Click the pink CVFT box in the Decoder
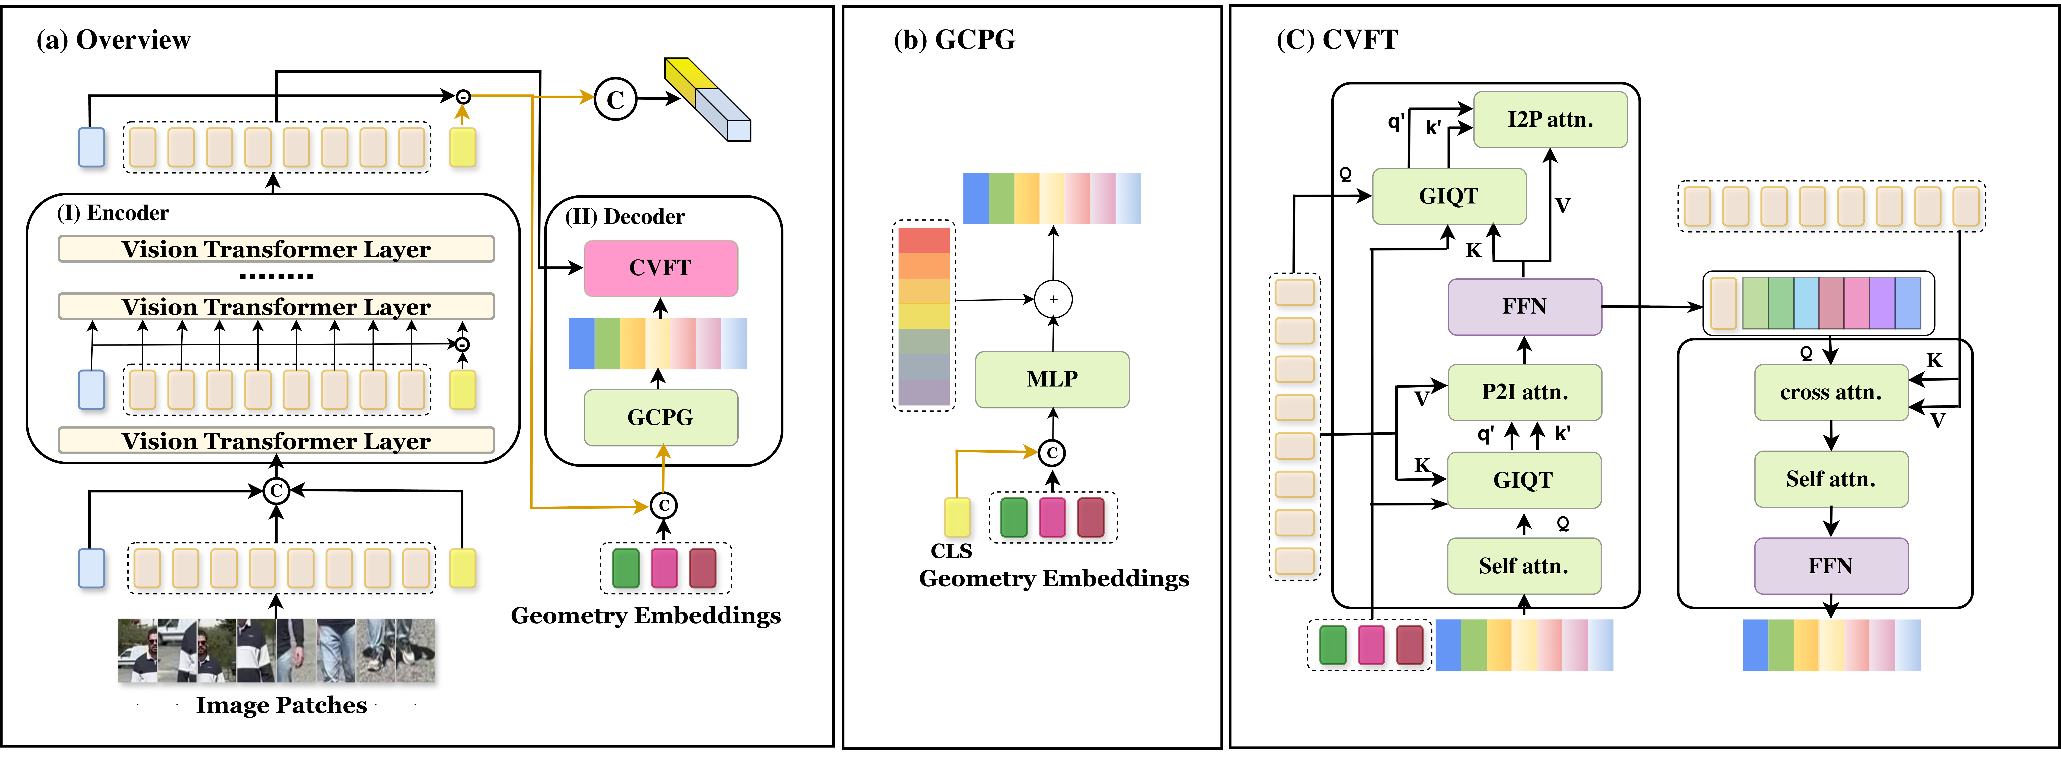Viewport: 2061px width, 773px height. tap(661, 268)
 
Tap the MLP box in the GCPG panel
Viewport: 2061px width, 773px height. tap(1052, 379)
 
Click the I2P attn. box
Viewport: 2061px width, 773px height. tap(1551, 119)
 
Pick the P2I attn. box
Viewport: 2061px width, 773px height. tap(1525, 392)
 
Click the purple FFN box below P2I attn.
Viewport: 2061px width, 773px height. tap(1525, 307)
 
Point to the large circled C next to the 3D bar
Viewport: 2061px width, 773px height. tap(615, 99)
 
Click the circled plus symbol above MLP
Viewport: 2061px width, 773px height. tap(1053, 299)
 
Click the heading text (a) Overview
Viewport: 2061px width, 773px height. tap(114, 40)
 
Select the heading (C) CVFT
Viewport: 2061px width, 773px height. tap(1337, 39)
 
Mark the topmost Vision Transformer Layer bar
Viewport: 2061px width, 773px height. tap(276, 249)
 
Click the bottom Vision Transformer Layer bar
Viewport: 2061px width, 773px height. tap(276, 441)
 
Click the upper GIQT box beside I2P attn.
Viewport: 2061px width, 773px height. tap(1449, 196)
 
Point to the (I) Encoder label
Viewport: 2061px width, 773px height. tap(113, 213)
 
